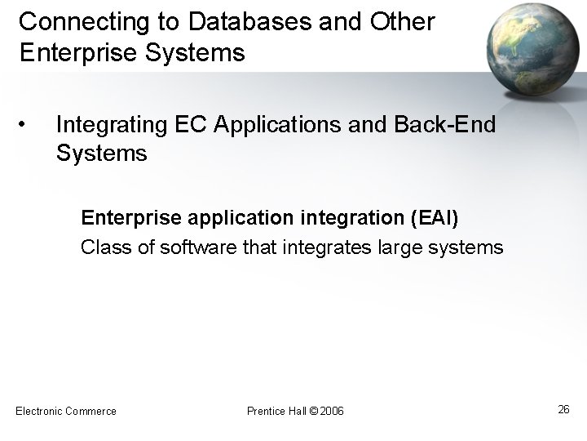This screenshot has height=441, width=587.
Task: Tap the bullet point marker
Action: [x=24, y=124]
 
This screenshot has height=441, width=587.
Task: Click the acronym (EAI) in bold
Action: [x=439, y=220]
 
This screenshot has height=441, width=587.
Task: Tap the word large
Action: [x=395, y=247]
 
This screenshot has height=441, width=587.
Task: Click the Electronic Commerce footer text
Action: [x=66, y=410]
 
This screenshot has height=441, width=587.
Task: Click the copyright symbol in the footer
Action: [x=312, y=411]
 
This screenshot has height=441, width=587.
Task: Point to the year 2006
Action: [x=332, y=411]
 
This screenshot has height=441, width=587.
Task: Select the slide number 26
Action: [x=563, y=409]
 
